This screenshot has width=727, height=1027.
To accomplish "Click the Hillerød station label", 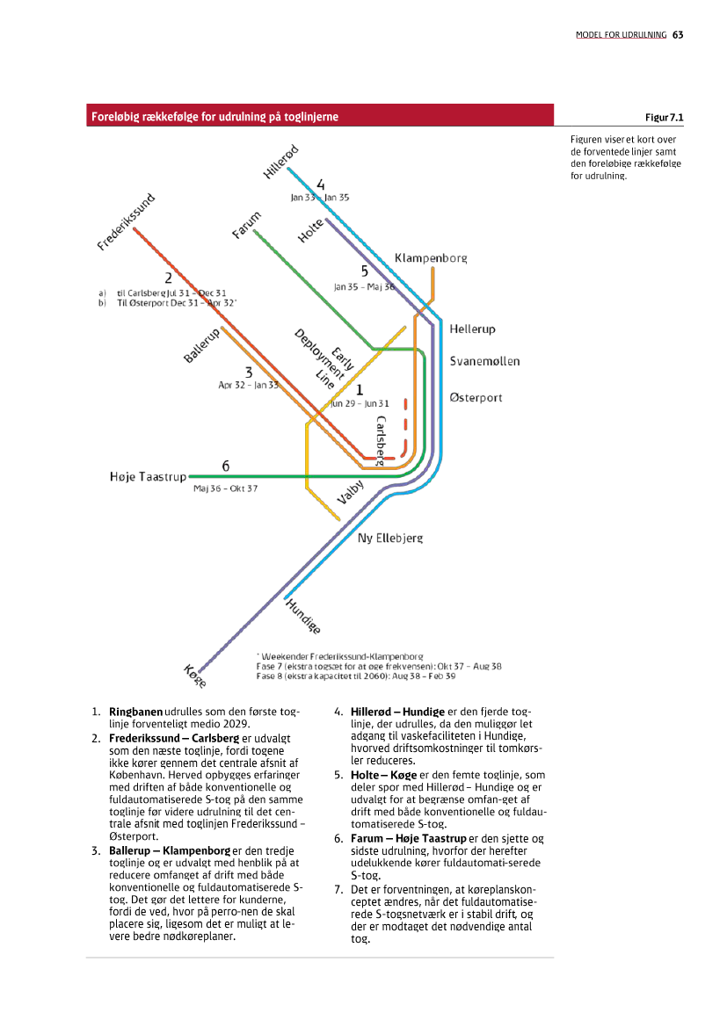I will tap(281, 160).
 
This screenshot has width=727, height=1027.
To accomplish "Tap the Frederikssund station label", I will tap(126, 223).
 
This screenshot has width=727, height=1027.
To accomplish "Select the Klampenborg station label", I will tap(431, 258).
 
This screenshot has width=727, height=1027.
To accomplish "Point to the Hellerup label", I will tap(472, 329).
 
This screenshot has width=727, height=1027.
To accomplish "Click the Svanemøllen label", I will tap(484, 362).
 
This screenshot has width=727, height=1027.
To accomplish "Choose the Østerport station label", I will tap(476, 398).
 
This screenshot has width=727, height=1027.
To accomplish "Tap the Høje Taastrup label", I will tap(148, 477).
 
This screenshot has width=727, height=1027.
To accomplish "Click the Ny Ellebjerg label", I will tap(389, 538).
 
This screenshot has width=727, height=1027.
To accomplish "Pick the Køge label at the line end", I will tap(195, 676).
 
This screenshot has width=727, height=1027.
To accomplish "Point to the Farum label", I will tap(247, 225).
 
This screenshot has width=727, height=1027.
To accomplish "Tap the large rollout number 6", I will tap(226, 466).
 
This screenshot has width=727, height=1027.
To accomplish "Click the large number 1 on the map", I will tap(359, 388).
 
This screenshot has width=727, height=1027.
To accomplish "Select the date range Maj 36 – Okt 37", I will tap(225, 488).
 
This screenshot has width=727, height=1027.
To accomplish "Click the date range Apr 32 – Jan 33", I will tap(248, 385).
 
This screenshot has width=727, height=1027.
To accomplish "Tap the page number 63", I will tap(678, 35).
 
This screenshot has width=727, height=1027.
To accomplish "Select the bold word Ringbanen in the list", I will tap(135, 711).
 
